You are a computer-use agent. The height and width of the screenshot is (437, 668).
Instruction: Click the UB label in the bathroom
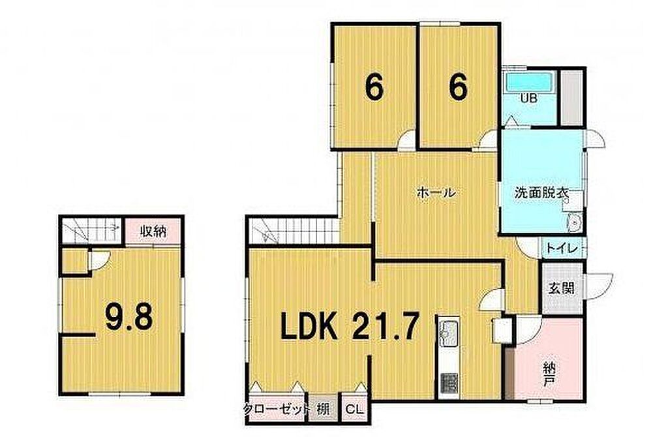(x=529, y=98)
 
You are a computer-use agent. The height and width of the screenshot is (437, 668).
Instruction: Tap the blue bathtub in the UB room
(x=530, y=82)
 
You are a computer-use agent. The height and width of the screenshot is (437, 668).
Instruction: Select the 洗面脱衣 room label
(x=541, y=193)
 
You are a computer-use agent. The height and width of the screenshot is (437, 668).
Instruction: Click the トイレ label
(x=562, y=248)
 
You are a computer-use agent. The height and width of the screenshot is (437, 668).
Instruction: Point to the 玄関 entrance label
(x=561, y=288)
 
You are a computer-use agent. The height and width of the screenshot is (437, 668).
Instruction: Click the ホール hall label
(x=436, y=193)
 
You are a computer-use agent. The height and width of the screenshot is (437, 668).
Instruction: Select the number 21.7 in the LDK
(x=383, y=326)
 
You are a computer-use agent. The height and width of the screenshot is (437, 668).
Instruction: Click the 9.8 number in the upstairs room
(x=129, y=318)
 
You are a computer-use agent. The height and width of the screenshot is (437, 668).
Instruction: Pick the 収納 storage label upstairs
(x=153, y=233)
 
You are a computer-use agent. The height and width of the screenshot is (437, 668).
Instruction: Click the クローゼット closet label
(x=276, y=410)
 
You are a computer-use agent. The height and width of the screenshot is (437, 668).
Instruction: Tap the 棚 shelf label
(x=324, y=410)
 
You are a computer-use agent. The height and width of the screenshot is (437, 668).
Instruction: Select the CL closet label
(x=354, y=410)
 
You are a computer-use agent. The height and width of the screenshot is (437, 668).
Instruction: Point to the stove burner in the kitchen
(x=449, y=382)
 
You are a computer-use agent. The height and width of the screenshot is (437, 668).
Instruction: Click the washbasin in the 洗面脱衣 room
(x=574, y=222)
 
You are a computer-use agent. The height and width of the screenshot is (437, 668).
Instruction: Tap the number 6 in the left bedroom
(x=374, y=87)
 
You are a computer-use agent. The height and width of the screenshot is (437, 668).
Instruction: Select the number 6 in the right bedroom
(x=458, y=87)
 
